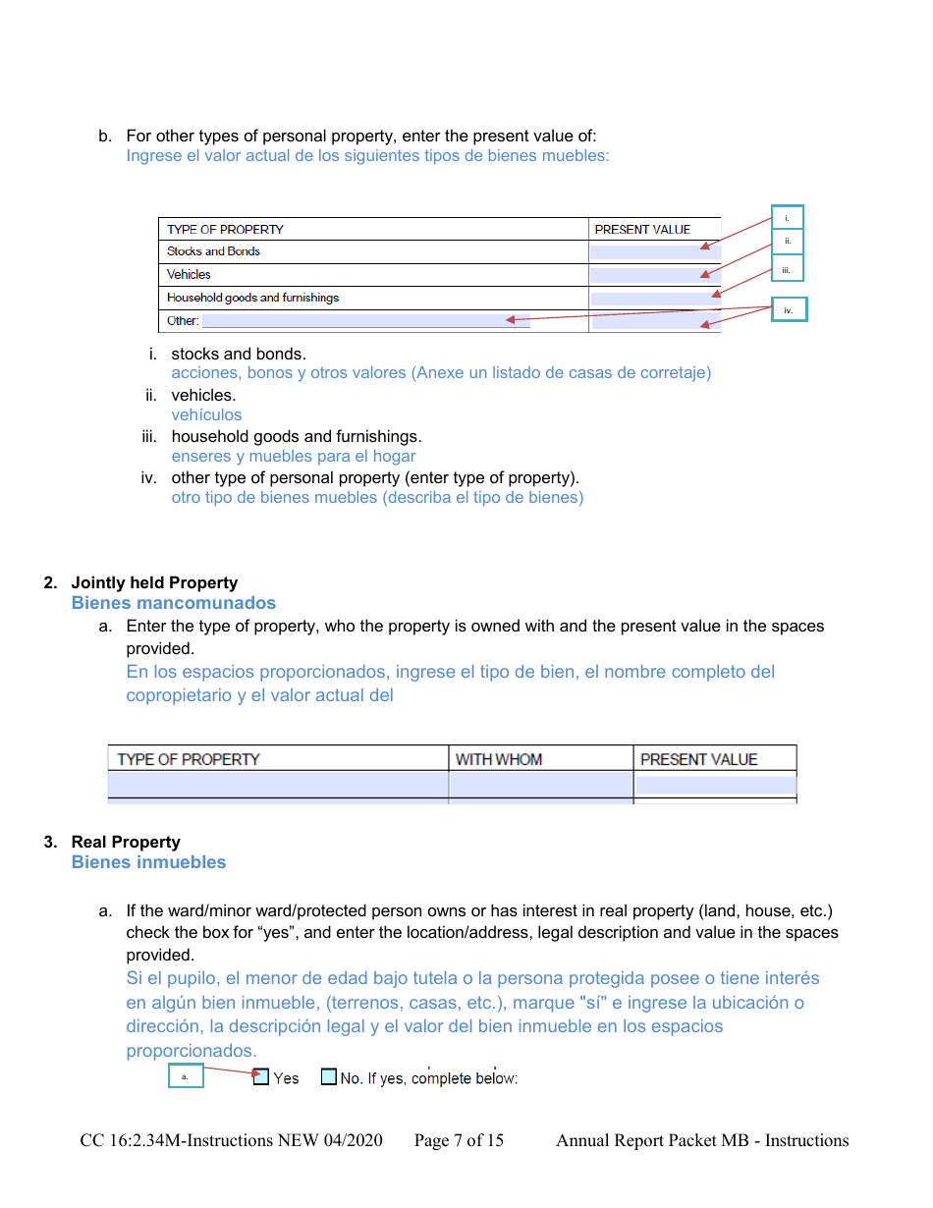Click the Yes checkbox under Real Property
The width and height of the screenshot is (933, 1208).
coord(260,1076)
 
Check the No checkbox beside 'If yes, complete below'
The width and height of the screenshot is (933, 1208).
coord(329,1076)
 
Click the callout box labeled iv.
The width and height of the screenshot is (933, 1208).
coord(789,309)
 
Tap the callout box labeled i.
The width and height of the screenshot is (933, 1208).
coord(788,217)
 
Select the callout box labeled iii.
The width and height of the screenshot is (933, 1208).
coord(788,268)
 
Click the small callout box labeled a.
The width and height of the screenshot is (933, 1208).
coord(186,1076)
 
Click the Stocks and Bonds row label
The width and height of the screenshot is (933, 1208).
coord(213,251)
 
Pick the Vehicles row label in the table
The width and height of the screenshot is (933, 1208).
coord(189,275)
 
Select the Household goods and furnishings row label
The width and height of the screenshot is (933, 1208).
coord(252,298)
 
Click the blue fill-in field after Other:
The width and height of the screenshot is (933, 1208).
coord(365,321)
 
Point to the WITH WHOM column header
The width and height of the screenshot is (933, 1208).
coord(498,759)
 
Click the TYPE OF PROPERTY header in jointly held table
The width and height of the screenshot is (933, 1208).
coord(189,759)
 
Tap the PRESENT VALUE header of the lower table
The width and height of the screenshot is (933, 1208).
coord(698,759)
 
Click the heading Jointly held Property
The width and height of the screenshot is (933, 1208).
coord(154,582)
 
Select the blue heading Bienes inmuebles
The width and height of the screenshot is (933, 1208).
coord(148,862)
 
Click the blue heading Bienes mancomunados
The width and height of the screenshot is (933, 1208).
coord(173,603)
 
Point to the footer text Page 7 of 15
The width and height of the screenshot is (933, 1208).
coord(459,1140)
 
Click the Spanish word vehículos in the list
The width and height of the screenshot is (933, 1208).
coord(206,414)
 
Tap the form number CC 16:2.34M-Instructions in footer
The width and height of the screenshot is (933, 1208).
coord(231,1140)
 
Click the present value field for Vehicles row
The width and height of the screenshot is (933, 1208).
coord(654,275)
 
